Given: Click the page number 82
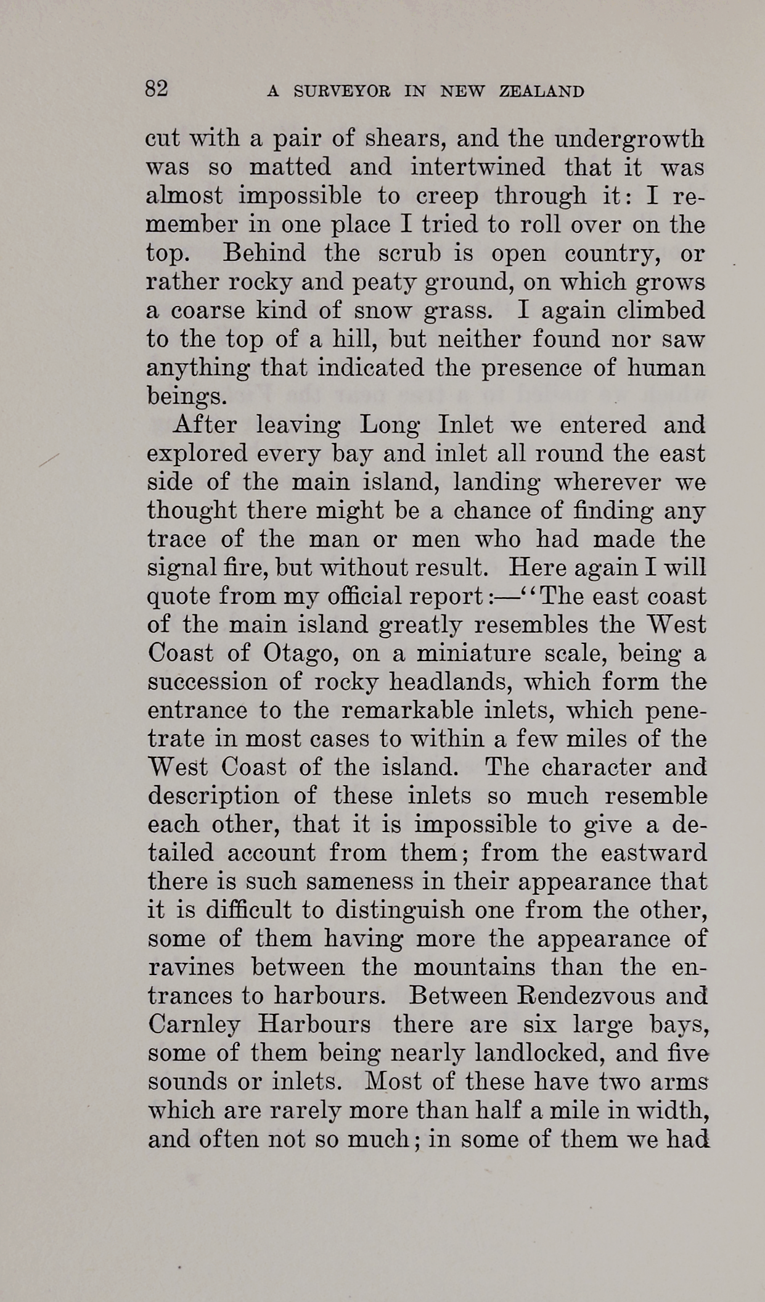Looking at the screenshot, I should click(x=156, y=89).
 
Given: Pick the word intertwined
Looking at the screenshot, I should click(x=478, y=168).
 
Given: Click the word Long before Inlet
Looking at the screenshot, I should click(x=385, y=426).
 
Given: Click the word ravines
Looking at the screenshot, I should click(x=191, y=967).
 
